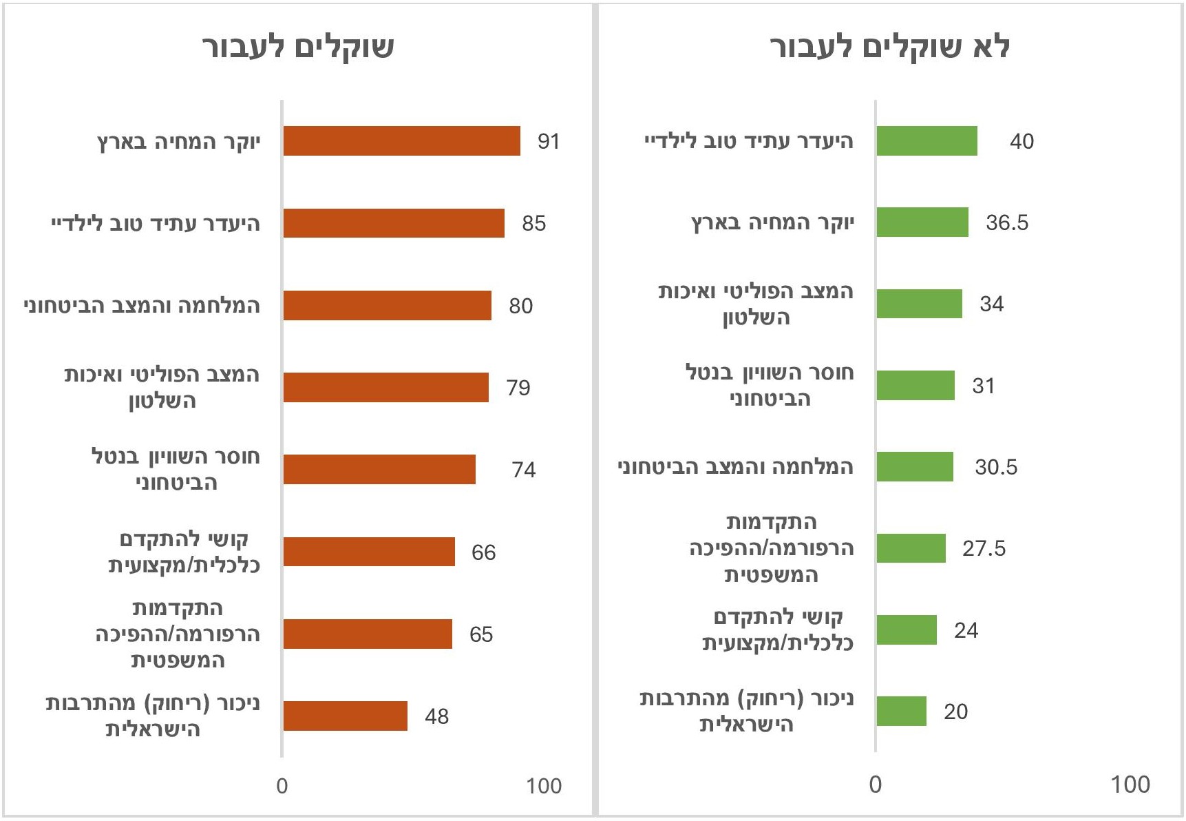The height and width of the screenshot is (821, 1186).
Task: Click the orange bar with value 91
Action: pyautogui.click(x=401, y=141)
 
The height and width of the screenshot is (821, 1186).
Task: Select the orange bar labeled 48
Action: pyautogui.click(x=345, y=716)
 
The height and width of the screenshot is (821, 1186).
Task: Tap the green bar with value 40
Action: pyautogui.click(x=926, y=141)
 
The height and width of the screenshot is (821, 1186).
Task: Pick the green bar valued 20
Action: pyautogui.click(x=901, y=711)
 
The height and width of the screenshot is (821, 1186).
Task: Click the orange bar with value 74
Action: pyautogui.click(x=379, y=469)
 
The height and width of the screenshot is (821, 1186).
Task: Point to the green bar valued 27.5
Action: pyautogui.click(x=911, y=548)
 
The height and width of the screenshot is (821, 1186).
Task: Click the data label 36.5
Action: pyautogui.click(x=1006, y=222)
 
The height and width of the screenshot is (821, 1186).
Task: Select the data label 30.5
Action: pyautogui.click(x=995, y=467)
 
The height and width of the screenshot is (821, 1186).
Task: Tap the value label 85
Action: pyautogui.click(x=533, y=223)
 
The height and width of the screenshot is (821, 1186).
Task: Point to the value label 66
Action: pyautogui.click(x=483, y=552)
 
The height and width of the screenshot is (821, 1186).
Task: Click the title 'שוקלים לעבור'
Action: pyautogui.click(x=298, y=48)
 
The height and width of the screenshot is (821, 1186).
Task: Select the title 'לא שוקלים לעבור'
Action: pyautogui.click(x=889, y=48)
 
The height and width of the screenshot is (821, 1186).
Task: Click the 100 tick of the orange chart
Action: pyautogui.click(x=544, y=786)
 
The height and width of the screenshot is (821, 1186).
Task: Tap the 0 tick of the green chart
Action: pyautogui.click(x=875, y=784)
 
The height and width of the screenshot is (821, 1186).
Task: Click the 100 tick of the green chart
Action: pyautogui.click(x=1130, y=784)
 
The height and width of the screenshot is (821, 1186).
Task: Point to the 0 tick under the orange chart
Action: pyautogui.click(x=282, y=786)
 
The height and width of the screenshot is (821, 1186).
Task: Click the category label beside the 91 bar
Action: pyautogui.click(x=179, y=142)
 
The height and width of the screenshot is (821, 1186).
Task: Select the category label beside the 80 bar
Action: pyautogui.click(x=142, y=305)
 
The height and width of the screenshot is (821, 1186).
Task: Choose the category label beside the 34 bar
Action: pyautogui.click(x=756, y=304)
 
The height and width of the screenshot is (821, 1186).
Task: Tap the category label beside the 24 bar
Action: pyautogui.click(x=778, y=630)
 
